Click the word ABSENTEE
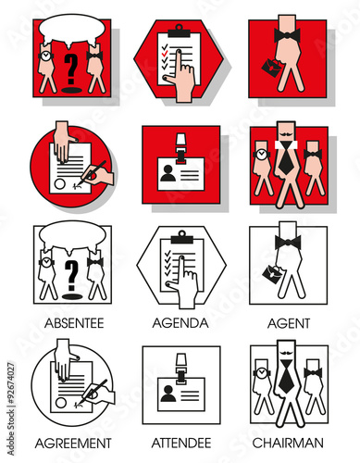[74, 323]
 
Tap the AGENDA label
[180, 323]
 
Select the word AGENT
[289, 323]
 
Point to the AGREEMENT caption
[73, 444]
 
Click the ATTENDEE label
[181, 443]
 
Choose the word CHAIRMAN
[288, 443]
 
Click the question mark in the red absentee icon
[71, 69]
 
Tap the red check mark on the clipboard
[165, 54]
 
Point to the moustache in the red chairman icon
[286, 135]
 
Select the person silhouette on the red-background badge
[168, 173]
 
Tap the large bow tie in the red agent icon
[287, 35]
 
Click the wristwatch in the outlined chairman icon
[261, 372]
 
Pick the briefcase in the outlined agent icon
[272, 272]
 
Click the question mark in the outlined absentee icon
[72, 276]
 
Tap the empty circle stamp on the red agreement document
[60, 184]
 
